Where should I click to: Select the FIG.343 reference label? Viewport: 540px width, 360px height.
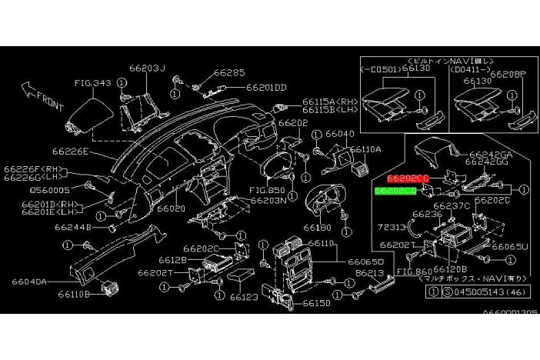point(93,82)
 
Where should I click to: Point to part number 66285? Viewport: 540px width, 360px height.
point(229,73)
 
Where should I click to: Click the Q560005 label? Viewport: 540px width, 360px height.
point(49,189)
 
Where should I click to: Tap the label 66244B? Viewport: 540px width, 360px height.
point(73,228)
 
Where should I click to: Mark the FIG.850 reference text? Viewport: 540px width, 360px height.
point(268,190)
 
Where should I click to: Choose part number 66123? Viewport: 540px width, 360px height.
point(243,296)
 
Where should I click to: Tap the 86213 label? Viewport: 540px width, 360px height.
point(369,272)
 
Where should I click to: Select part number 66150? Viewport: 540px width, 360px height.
point(316,303)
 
